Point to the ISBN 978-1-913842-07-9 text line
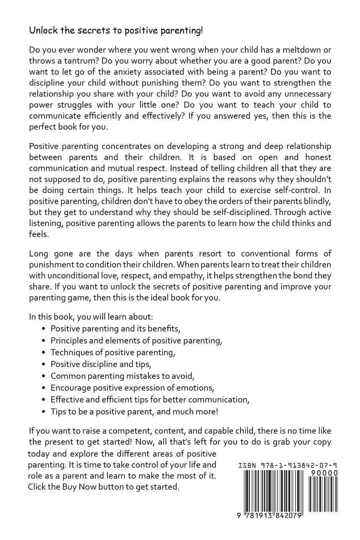click(x=288, y=465)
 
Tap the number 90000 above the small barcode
click(x=322, y=473)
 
